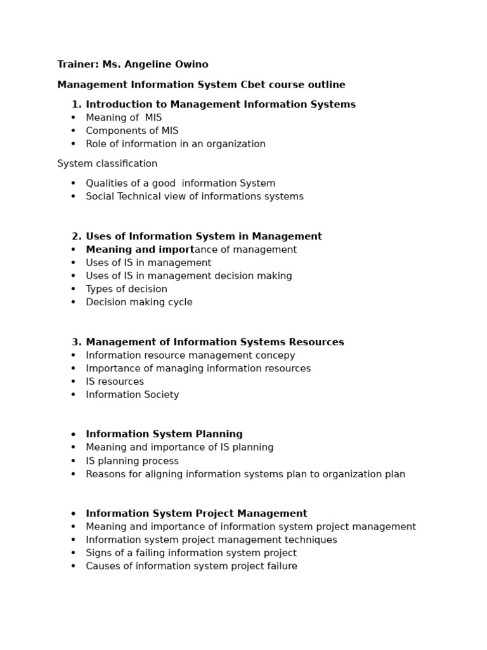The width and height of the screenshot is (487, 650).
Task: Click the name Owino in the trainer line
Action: click(192, 65)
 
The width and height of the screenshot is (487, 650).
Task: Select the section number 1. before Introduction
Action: click(76, 104)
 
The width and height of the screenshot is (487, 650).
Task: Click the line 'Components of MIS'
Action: click(132, 131)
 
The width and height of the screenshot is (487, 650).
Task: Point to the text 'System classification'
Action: click(107, 164)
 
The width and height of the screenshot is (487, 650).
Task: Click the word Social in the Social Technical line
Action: click(101, 197)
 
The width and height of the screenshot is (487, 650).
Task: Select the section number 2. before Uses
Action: click(76, 236)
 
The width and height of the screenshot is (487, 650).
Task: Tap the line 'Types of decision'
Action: click(126, 289)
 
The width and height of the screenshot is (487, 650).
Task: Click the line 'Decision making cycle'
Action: click(139, 302)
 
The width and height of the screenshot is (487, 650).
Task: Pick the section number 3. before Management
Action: click(76, 342)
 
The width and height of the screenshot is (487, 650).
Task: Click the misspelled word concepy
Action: click(275, 355)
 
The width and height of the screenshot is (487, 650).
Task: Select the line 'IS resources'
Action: click(115, 382)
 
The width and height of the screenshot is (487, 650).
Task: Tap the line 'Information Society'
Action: click(133, 395)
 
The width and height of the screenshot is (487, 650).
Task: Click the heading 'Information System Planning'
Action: click(164, 434)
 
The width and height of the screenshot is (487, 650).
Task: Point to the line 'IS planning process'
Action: click(132, 461)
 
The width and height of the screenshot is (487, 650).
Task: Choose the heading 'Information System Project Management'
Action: click(197, 514)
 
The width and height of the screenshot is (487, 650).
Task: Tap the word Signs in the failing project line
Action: click(100, 553)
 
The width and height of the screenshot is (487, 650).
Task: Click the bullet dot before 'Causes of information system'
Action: click(74, 566)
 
